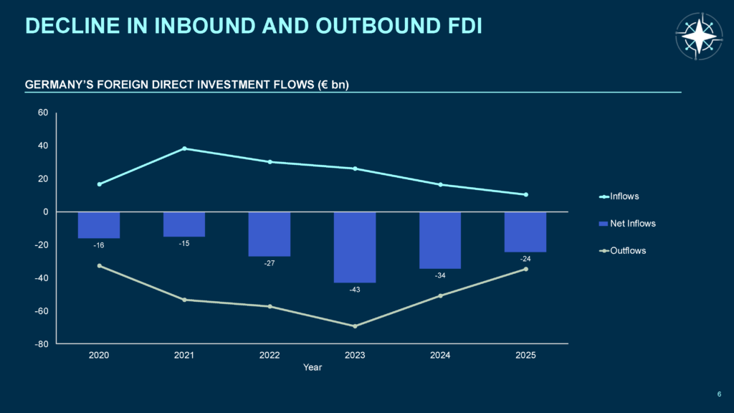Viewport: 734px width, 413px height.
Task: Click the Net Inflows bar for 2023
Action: point(355,247)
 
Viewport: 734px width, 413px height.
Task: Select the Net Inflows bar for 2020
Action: point(99,225)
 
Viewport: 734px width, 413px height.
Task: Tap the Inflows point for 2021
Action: point(184,148)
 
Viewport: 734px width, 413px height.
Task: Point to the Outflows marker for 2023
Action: point(355,326)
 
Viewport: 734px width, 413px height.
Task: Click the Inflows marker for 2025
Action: point(525,194)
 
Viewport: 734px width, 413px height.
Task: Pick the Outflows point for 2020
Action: point(99,265)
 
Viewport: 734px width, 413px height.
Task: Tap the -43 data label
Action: point(355,290)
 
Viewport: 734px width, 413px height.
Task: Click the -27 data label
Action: point(270,263)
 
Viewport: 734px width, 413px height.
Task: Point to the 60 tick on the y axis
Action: point(42,113)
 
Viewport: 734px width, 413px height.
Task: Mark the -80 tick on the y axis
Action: point(41,344)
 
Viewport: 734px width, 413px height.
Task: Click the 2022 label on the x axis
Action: point(270,356)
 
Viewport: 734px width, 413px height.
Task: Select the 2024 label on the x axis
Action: point(440,356)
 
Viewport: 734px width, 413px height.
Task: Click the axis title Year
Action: point(313,368)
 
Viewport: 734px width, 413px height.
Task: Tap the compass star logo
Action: point(699,36)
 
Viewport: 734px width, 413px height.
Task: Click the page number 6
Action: point(719,393)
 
